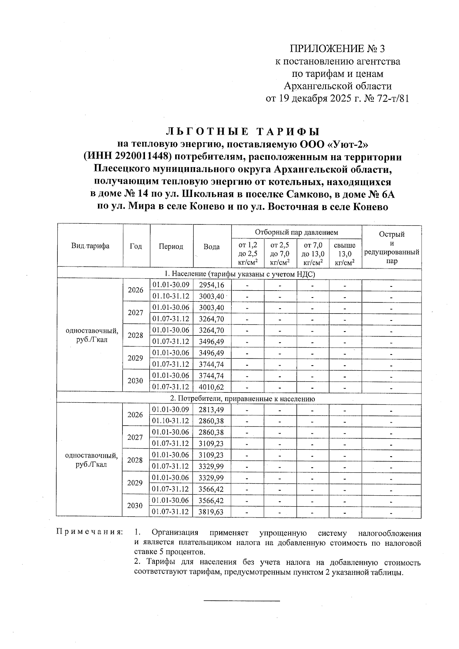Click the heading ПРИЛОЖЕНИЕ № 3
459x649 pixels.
click(338, 49)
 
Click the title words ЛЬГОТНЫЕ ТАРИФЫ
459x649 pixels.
click(243, 132)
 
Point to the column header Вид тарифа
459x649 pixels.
click(90, 246)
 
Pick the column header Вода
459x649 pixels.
click(212, 247)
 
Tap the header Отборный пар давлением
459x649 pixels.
click(296, 232)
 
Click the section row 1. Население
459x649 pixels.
click(239, 274)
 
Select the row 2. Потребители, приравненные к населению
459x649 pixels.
click(242, 399)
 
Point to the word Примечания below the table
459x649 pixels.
click(90, 532)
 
